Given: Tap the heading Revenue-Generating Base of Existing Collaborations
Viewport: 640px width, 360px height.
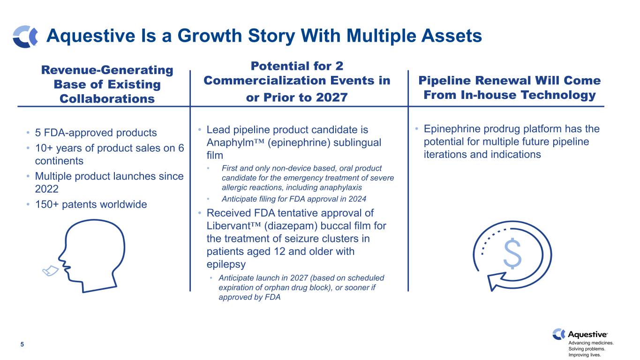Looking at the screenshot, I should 107,84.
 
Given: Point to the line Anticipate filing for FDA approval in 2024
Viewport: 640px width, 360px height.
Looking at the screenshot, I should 294,199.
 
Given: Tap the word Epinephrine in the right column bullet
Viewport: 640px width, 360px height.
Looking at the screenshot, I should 450,129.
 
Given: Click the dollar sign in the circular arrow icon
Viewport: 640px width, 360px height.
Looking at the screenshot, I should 512,254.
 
